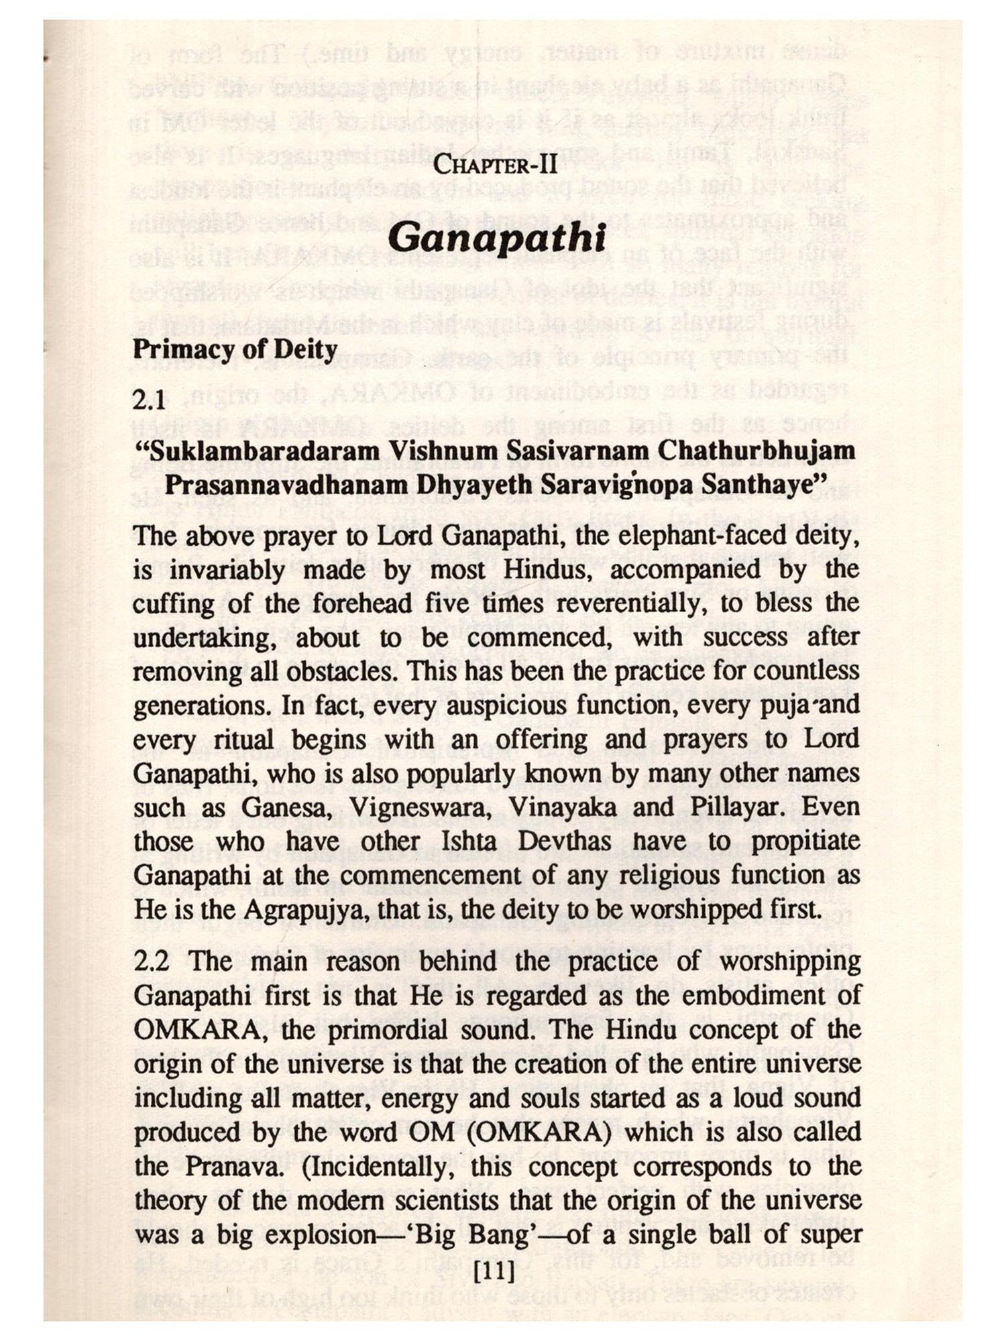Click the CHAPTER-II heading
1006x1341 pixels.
496,164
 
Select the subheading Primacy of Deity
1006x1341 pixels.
235,349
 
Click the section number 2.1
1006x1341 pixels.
149,400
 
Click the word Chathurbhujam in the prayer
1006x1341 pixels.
756,450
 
